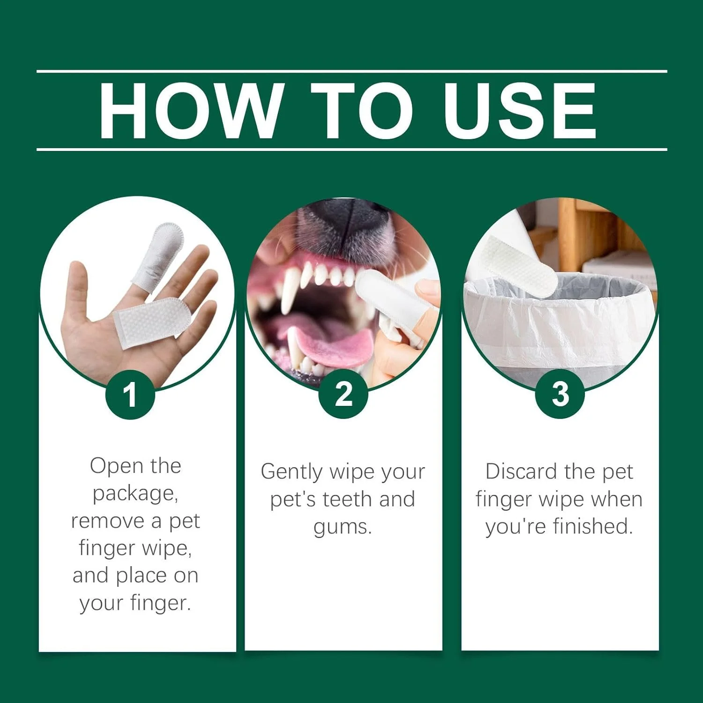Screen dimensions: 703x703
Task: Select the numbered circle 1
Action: (x=130, y=395)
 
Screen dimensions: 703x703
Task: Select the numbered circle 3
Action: (x=560, y=394)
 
